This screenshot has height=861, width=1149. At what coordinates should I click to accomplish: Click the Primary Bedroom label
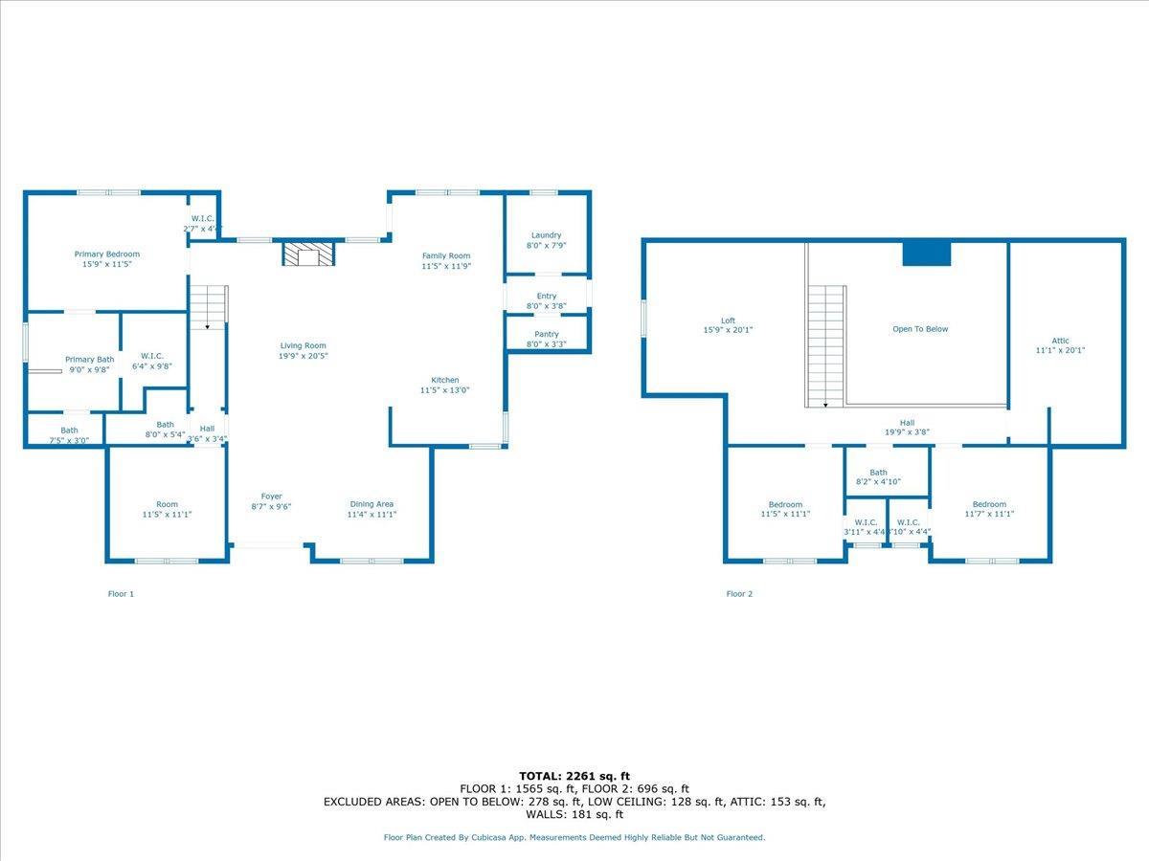click(107, 254)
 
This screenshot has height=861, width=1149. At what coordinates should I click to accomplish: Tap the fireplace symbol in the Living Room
click(308, 254)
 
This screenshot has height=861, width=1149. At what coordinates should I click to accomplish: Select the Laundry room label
click(546, 235)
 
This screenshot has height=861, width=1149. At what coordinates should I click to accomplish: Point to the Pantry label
click(546, 335)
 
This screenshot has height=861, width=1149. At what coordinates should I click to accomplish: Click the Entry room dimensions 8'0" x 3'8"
click(546, 307)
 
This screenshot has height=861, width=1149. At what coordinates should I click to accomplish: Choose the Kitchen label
click(444, 380)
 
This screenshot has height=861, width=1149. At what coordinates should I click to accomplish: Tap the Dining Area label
click(372, 504)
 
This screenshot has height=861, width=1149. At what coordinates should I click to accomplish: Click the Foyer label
click(272, 497)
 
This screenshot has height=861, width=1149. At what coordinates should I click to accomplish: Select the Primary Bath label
click(89, 360)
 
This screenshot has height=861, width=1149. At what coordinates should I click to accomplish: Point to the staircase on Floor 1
click(208, 307)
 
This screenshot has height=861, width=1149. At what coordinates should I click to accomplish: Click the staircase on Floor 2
click(826, 344)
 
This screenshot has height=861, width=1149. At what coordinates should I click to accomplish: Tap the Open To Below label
click(919, 329)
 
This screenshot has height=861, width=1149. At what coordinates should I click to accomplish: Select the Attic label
click(1060, 341)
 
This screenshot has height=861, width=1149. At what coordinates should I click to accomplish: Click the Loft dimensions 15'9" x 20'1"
click(729, 331)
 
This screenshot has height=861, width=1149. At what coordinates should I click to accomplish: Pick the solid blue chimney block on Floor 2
click(926, 254)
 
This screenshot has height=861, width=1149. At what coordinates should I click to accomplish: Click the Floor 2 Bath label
click(878, 473)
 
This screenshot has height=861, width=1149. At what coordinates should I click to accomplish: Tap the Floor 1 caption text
click(121, 594)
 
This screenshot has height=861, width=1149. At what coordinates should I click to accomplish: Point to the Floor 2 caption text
click(739, 594)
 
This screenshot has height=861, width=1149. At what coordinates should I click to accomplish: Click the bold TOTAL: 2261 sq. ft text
click(574, 776)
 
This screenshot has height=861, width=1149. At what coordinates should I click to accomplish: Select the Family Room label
click(446, 256)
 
